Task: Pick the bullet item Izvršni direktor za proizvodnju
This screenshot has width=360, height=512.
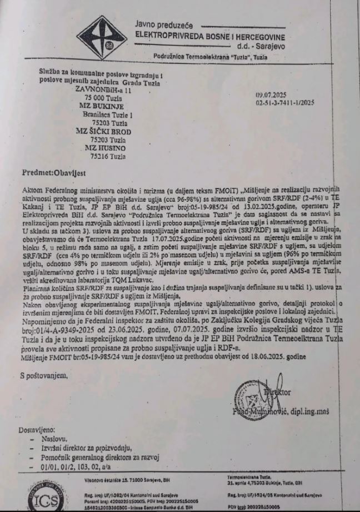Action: pyautogui.click(x=86, y=448)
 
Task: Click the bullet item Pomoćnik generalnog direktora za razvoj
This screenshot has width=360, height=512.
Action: pyautogui.click(x=101, y=458)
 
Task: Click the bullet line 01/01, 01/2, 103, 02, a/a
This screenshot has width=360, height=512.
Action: pyautogui.click(x=79, y=466)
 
